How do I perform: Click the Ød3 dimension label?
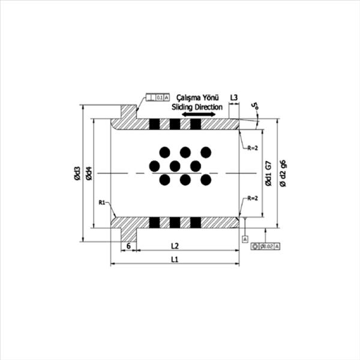(77, 173)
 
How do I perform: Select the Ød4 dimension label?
(89, 173)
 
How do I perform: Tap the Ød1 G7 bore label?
(268, 173)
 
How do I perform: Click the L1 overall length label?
(175, 260)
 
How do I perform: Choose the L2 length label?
(175, 245)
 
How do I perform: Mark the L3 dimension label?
(234, 97)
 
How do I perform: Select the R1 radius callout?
(103, 203)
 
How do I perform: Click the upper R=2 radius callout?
(251, 148)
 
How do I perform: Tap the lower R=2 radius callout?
(251, 198)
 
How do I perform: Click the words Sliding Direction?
(197, 106)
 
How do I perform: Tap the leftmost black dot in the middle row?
(154, 166)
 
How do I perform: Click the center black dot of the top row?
(185, 152)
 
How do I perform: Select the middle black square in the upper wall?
(175, 124)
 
